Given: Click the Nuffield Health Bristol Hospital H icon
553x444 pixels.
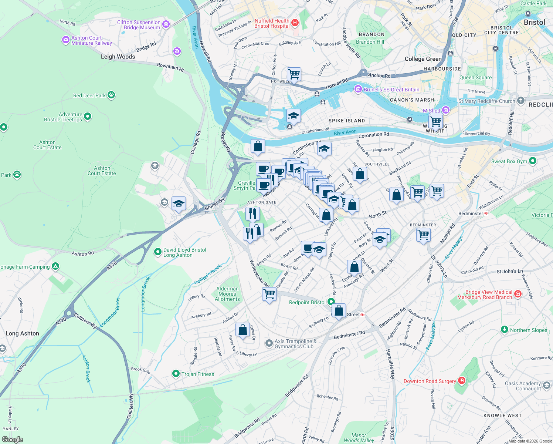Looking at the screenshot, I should [x=295, y=23].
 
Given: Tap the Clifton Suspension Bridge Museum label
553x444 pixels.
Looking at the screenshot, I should [x=139, y=25].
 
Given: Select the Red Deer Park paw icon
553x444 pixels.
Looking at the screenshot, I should [x=111, y=95].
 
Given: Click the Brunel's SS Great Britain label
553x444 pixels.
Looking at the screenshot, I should [x=391, y=90].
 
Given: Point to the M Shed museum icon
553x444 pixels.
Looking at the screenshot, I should [x=446, y=110].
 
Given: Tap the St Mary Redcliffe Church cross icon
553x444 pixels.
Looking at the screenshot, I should [x=521, y=100].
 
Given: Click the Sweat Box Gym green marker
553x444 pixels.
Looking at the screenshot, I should [x=533, y=161].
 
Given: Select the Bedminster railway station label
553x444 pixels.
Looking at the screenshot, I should [x=471, y=213].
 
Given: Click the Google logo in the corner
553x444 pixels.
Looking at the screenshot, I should [x=12, y=439].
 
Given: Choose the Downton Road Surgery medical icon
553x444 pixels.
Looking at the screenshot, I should [x=461, y=380].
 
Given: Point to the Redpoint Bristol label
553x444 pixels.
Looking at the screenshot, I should [x=307, y=302].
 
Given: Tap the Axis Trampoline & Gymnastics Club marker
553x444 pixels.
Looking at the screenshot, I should [x=269, y=343].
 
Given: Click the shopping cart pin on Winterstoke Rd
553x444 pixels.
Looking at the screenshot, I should [x=269, y=294].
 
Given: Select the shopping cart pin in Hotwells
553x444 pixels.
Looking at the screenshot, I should [x=294, y=74].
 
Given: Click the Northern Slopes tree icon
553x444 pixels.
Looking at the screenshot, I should [x=505, y=329].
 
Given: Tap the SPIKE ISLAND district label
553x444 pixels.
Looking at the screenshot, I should [x=346, y=121].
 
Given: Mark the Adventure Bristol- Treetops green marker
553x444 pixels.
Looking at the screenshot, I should [x=88, y=117].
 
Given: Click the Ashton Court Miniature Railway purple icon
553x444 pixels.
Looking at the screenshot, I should [x=66, y=40].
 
